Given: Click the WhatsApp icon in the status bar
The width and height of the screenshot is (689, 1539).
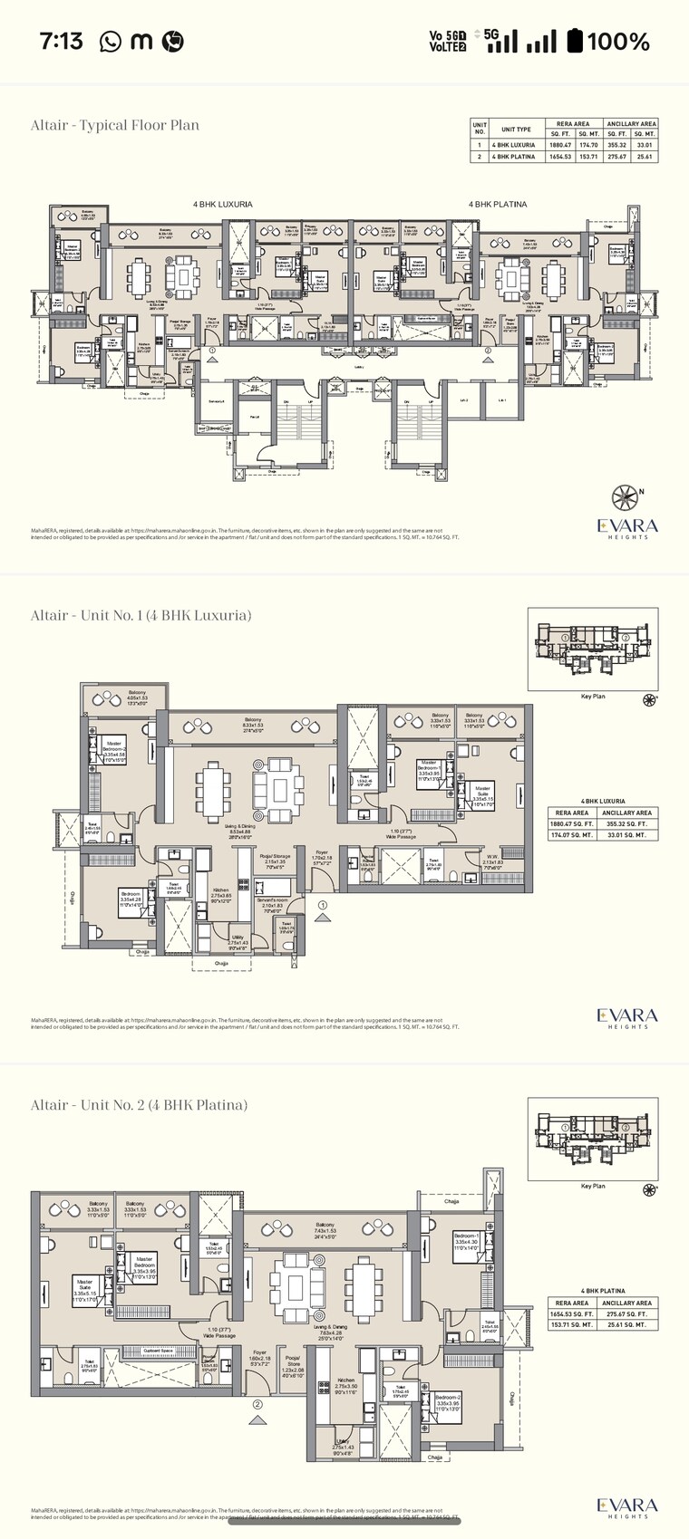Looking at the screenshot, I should point(110,41).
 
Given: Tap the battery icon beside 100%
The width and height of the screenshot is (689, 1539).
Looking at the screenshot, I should point(575,41).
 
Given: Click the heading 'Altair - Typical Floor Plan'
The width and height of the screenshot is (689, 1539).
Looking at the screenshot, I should point(115,125).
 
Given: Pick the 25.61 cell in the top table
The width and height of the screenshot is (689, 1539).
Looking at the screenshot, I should point(645,157).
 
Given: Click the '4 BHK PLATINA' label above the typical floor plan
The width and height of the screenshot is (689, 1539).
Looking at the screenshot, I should point(497,205).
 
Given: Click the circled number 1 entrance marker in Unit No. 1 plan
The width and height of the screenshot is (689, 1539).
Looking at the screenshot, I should point(322,904).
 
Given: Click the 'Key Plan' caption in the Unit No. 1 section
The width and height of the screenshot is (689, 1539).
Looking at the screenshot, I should point(593,697).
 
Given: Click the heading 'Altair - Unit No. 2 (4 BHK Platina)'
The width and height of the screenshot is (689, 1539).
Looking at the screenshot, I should point(139,1104).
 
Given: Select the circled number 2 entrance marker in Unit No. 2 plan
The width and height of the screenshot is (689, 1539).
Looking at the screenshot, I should point(258,1405).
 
